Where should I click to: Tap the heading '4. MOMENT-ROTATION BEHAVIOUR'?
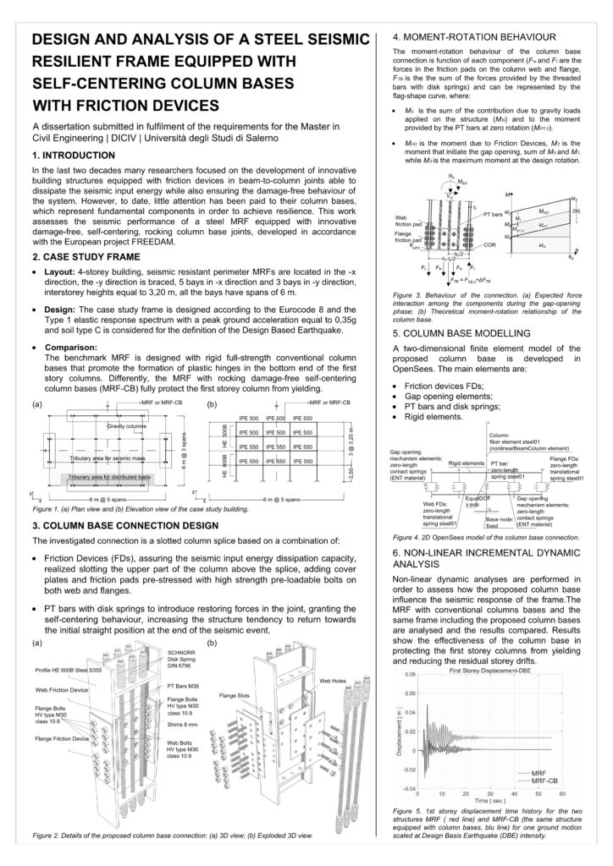click(x=475, y=38)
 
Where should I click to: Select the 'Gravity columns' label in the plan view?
click(x=127, y=425)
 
